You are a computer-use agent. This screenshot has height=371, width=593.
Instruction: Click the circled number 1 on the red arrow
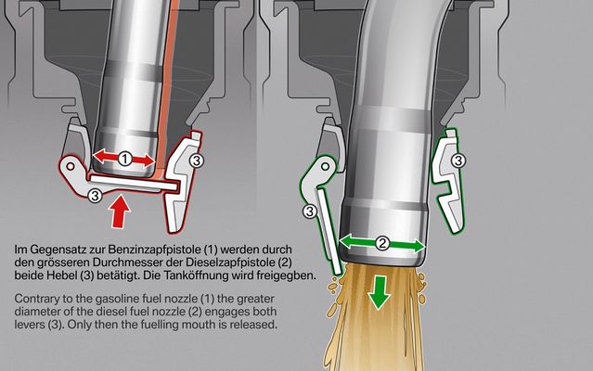point(124,159)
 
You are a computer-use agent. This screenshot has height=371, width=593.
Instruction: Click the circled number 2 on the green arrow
point(382,243)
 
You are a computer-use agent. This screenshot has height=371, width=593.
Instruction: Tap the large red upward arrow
point(121,211)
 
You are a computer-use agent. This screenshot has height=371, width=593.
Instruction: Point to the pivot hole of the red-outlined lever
point(71,166)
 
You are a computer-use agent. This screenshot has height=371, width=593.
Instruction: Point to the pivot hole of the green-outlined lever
point(325,166)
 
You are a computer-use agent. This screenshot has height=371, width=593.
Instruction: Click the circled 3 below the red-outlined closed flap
point(95,196)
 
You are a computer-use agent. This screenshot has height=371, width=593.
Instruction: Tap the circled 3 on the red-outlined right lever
point(196,160)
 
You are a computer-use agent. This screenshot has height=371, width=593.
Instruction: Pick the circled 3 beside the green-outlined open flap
point(310,211)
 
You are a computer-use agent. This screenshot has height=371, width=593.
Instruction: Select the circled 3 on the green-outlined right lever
point(458,160)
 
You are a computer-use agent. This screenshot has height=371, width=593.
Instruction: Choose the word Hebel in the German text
point(61,275)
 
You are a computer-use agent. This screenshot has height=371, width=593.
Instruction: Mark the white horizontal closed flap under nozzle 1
point(134,182)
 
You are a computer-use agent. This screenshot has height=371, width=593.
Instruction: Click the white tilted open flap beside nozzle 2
point(329,232)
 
